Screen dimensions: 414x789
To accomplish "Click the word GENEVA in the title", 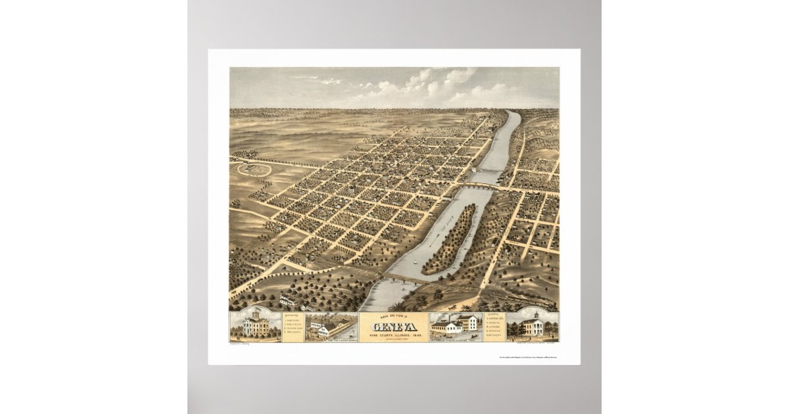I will click(393, 327).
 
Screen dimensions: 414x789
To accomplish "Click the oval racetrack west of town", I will click(254, 169).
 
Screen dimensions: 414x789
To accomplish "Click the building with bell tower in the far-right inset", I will click(533, 325).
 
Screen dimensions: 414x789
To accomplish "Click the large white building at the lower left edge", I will click(287, 300).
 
